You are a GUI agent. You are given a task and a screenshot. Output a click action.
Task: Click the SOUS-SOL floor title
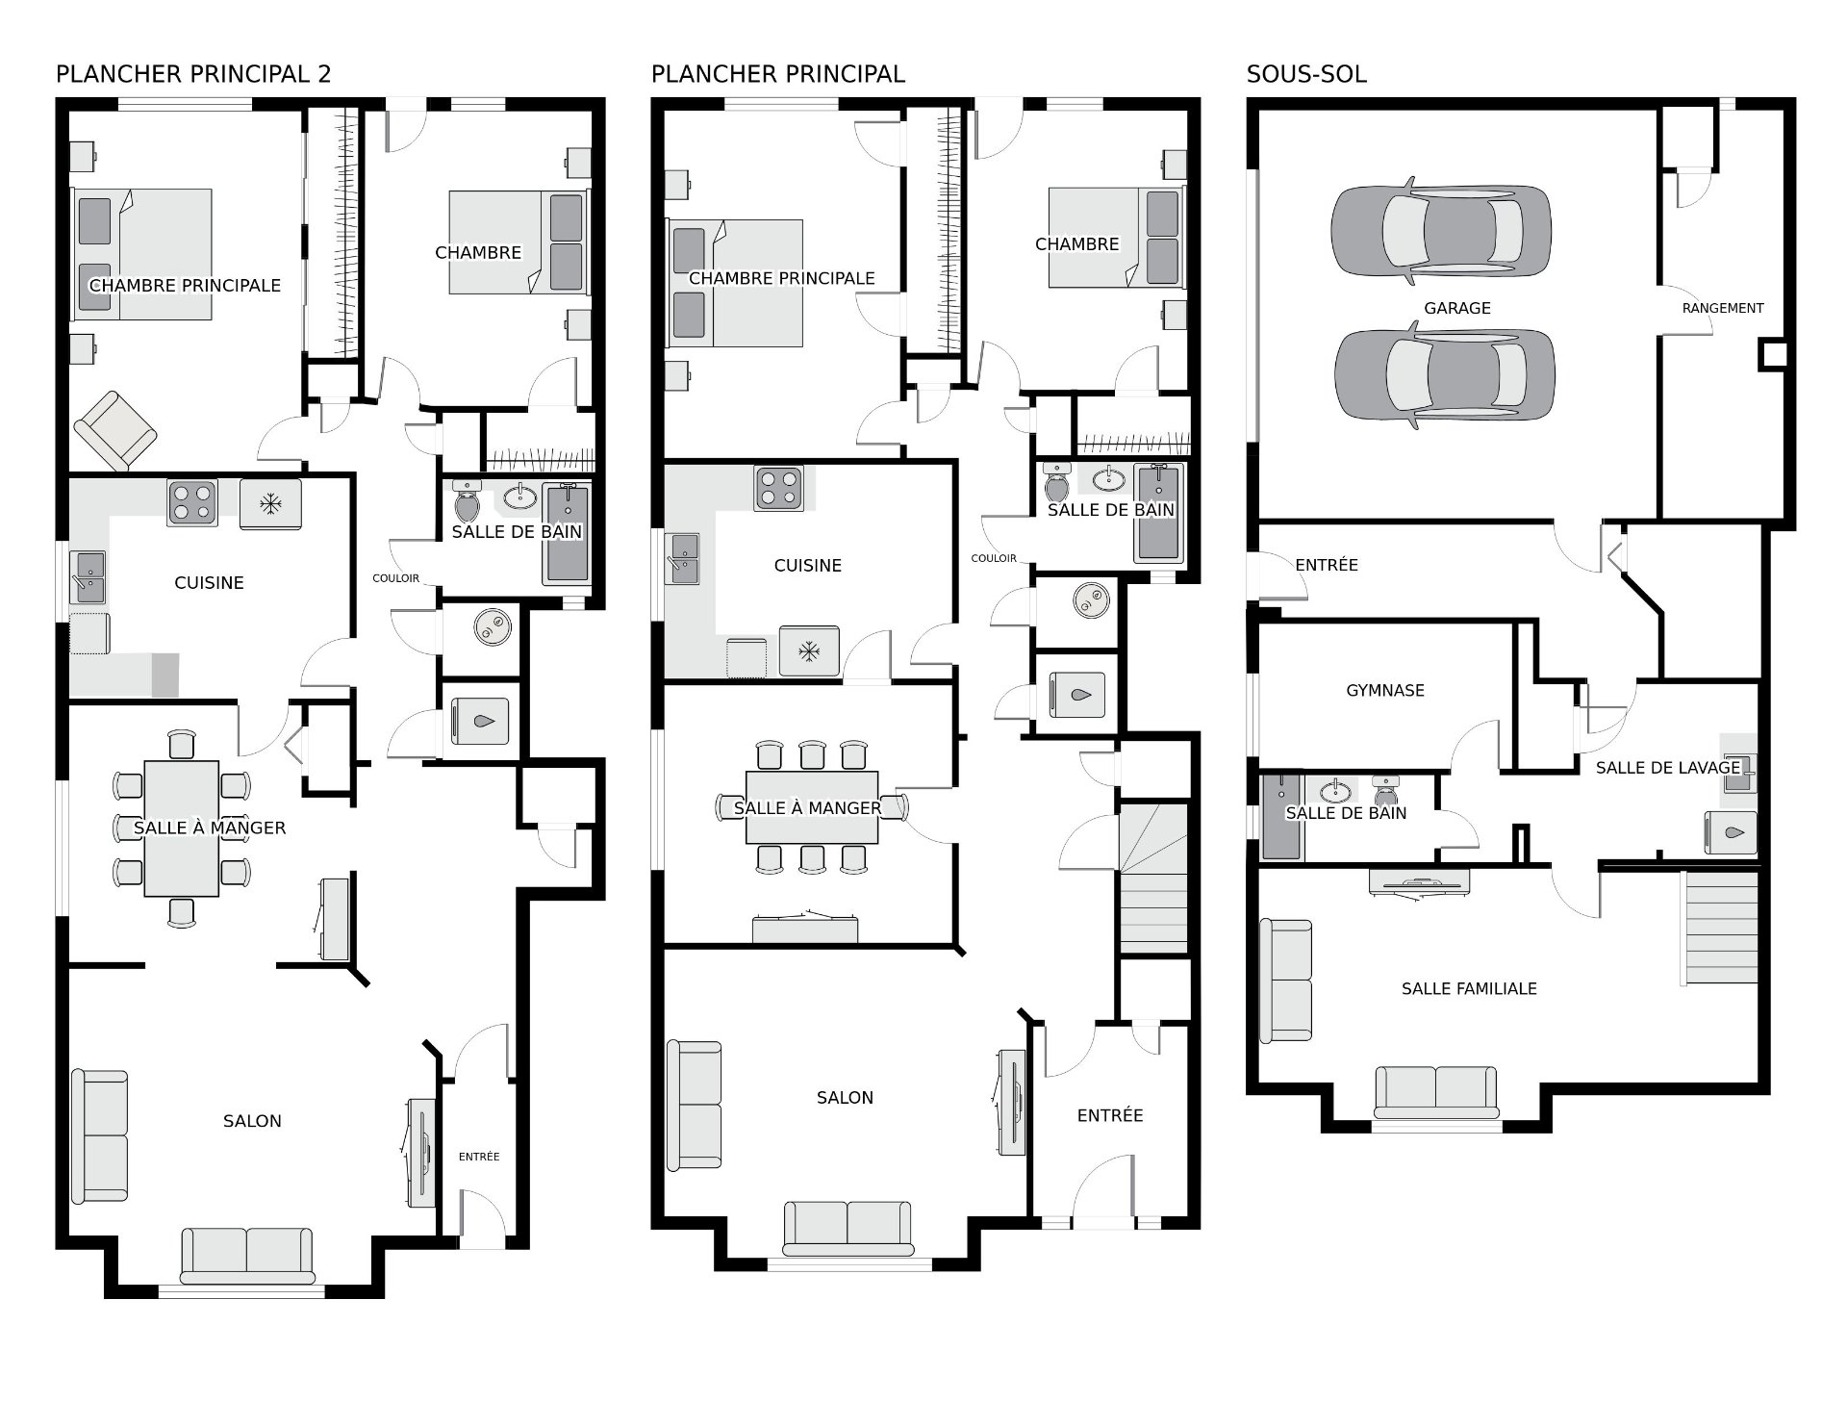click(x=1306, y=74)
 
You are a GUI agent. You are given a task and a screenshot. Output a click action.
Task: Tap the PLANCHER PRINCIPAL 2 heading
click(x=193, y=74)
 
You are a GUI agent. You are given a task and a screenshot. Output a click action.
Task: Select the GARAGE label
click(x=1457, y=308)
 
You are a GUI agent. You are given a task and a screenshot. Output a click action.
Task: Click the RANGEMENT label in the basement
click(x=1723, y=308)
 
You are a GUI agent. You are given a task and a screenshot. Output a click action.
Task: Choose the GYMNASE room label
click(x=1385, y=690)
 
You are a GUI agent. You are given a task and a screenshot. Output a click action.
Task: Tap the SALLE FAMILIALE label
click(x=1469, y=988)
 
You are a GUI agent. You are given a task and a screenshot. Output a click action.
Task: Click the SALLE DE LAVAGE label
click(x=1668, y=767)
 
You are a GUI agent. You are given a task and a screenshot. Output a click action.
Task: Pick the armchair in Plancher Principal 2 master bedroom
click(x=115, y=431)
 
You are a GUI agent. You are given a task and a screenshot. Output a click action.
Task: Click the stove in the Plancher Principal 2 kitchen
click(x=192, y=502)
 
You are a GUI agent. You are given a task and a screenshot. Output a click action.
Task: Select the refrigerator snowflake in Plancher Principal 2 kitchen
click(x=272, y=503)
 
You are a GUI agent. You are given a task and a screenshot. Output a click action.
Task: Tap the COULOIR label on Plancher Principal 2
click(x=396, y=578)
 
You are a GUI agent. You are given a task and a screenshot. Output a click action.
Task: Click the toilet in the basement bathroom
click(x=1386, y=791)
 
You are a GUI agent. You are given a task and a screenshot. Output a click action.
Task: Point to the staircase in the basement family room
click(x=1719, y=929)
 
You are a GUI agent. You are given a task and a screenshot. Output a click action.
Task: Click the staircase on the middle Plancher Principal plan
click(x=1154, y=879)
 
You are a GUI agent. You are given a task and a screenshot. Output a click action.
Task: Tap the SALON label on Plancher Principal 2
click(x=252, y=1121)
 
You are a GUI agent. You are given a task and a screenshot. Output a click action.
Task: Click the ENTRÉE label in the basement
click(x=1327, y=565)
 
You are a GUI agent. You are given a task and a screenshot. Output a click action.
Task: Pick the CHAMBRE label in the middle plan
click(x=1077, y=244)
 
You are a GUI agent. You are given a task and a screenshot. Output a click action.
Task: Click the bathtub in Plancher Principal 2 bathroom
click(x=567, y=533)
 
